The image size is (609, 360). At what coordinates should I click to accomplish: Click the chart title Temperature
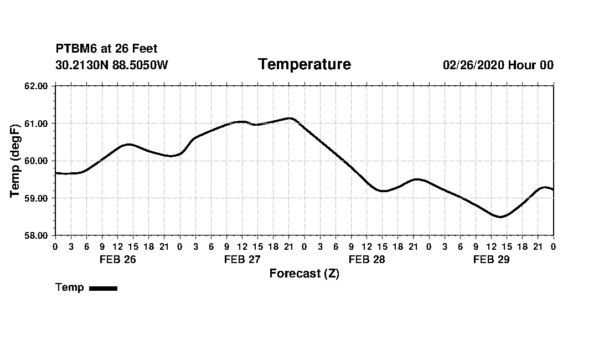[304, 64]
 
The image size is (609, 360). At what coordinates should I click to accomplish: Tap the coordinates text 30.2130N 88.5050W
[111, 65]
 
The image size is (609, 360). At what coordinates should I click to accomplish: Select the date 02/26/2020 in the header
[473, 65]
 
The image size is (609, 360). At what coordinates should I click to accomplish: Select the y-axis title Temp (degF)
[16, 161]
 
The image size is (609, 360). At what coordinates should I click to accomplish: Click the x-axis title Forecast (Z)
[304, 274]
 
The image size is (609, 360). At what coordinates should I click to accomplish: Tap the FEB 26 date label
[117, 259]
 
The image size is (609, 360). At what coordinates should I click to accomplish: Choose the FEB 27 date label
[242, 259]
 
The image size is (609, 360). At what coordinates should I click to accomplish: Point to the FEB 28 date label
[367, 259]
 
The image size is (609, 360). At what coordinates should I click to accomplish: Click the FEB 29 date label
[491, 259]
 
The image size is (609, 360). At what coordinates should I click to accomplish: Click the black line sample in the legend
[103, 288]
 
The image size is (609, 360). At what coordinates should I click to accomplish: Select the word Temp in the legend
[70, 287]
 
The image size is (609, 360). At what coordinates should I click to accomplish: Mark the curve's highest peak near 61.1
[290, 118]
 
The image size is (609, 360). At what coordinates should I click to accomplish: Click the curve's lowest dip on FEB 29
[500, 217]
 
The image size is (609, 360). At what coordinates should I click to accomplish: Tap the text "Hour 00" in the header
[531, 65]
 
